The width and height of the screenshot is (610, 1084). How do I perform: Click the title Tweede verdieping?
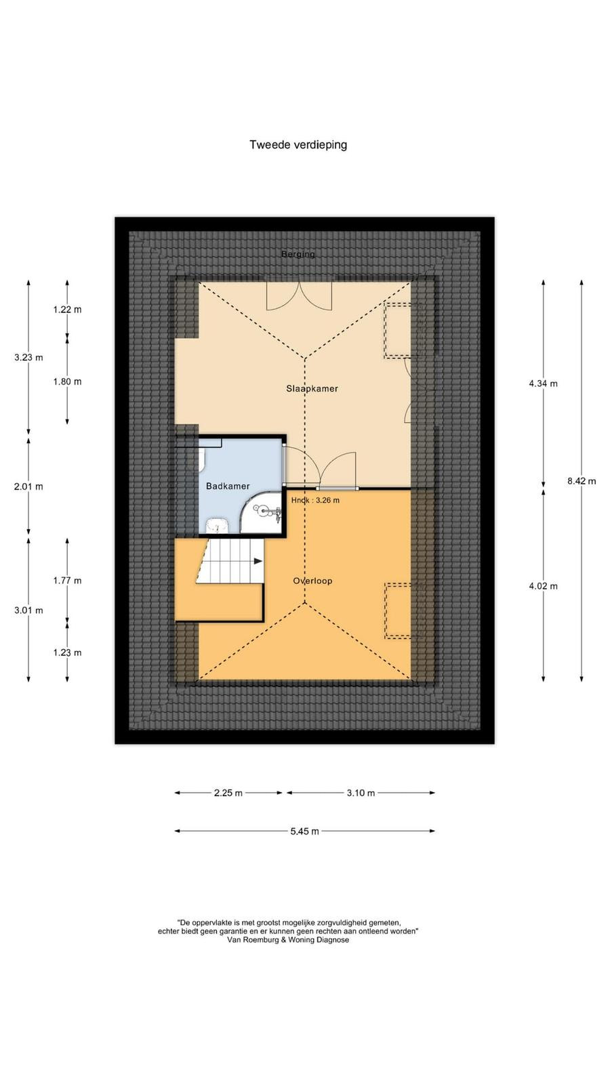click(298, 145)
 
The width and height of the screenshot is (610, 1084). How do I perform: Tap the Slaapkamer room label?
click(312, 389)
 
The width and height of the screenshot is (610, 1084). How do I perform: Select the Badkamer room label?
click(228, 486)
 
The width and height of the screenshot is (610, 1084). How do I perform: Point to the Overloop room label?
click(312, 581)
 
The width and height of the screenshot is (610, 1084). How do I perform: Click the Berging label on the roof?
click(298, 254)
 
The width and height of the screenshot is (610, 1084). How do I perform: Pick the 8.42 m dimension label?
click(582, 481)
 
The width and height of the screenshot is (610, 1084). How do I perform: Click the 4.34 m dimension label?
click(543, 383)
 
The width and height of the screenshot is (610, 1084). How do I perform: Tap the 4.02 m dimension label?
click(543, 586)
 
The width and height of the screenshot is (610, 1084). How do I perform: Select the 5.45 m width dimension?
click(305, 831)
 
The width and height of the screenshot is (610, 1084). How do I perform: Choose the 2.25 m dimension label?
click(228, 793)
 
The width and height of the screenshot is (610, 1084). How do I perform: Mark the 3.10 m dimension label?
click(361, 793)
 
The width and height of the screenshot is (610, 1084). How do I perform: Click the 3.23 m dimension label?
click(28, 358)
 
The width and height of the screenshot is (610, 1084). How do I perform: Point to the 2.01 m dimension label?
click(28, 487)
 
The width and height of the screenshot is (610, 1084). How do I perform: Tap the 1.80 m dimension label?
click(67, 382)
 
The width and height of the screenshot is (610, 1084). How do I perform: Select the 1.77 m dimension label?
click(67, 581)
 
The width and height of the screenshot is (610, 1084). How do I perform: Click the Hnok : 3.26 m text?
click(315, 501)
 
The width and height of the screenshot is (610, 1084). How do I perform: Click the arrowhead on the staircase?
click(258, 562)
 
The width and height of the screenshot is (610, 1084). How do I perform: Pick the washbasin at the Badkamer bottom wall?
click(218, 526)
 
